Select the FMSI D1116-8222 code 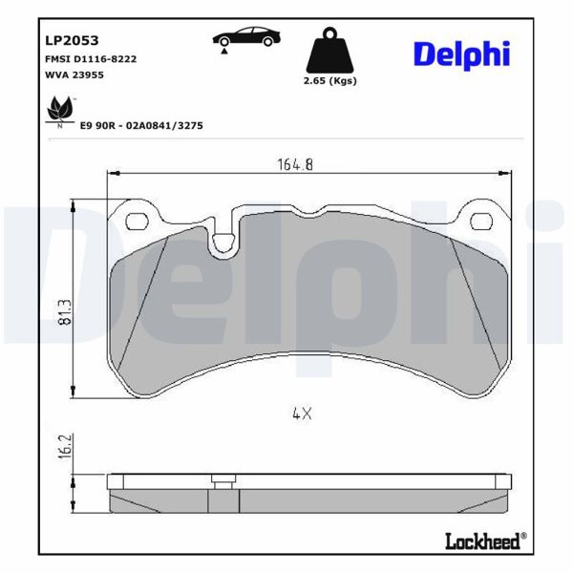tap(91, 59)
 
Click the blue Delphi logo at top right tap(462, 53)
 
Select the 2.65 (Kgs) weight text tap(329, 81)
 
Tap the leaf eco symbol tap(59, 112)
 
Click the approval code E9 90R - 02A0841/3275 tap(141, 125)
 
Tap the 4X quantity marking tap(302, 414)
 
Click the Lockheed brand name tap(484, 541)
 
